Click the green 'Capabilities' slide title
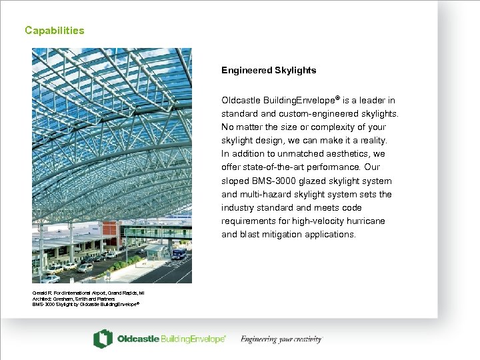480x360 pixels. pyautogui.click(x=54, y=30)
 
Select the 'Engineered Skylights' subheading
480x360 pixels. pyautogui.click(x=269, y=70)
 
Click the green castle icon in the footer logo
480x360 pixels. pyautogui.click(x=103, y=339)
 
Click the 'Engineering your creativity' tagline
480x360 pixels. pyautogui.click(x=281, y=339)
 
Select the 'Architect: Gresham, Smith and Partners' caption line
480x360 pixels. pyautogui.click(x=74, y=298)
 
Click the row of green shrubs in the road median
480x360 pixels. pyautogui.click(x=127, y=263)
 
